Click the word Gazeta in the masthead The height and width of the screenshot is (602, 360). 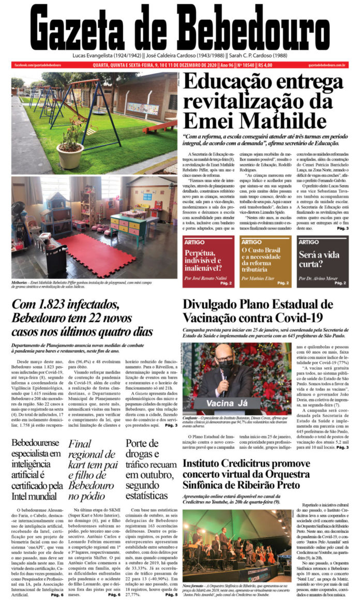[88, 28]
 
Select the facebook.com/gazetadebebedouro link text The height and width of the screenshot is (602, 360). [37, 65]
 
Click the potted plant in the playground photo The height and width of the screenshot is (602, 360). [70, 147]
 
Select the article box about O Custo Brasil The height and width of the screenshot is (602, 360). [264, 261]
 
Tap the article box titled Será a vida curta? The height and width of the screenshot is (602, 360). [322, 261]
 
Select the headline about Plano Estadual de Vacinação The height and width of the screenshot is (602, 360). [258, 311]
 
